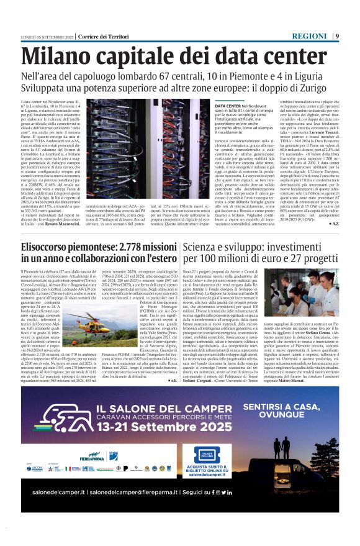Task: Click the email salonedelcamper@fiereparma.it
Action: click(x=148, y=509)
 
